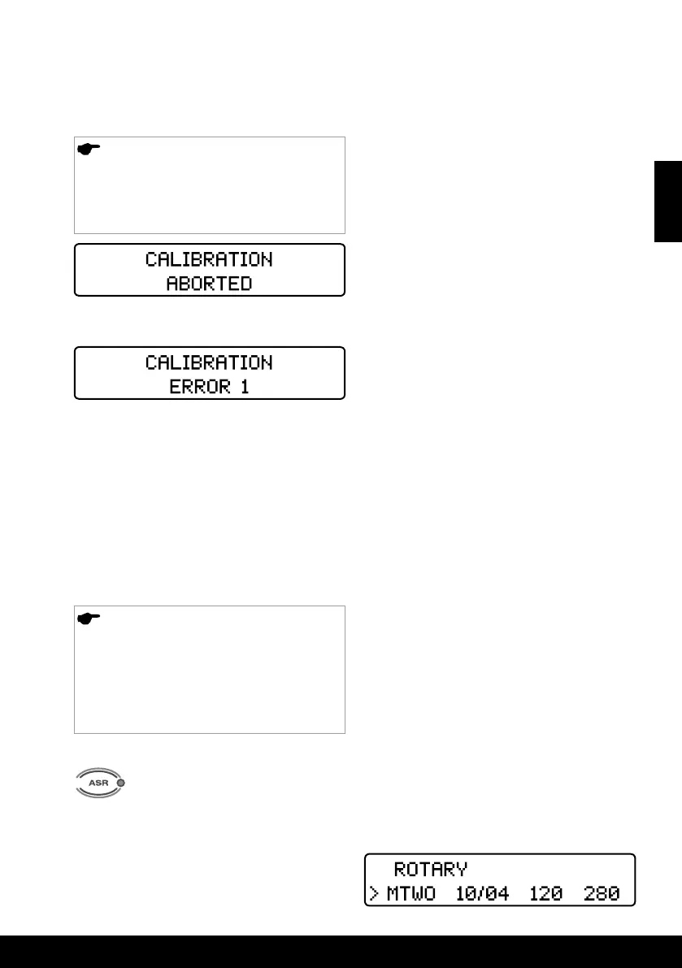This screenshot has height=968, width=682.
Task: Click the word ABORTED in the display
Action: [x=210, y=283]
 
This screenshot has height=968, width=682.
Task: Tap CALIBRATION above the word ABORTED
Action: [x=210, y=260]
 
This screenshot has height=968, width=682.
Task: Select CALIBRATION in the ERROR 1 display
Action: [x=210, y=362]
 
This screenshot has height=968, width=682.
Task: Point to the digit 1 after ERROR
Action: [x=243, y=386]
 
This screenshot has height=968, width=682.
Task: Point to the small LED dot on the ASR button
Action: [x=121, y=784]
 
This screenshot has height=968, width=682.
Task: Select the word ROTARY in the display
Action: [x=431, y=869]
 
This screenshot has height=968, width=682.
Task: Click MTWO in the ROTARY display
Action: [x=411, y=894]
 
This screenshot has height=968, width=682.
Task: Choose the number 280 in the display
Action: [x=602, y=894]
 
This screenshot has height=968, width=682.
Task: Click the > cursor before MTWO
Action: [x=373, y=894]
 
